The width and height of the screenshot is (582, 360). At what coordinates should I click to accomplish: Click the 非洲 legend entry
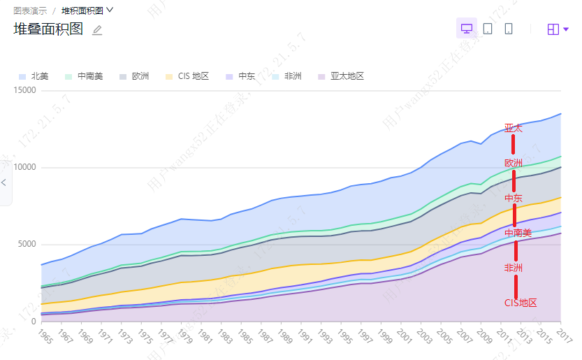click(287, 76)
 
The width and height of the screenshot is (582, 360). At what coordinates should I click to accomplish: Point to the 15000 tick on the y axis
click(24, 90)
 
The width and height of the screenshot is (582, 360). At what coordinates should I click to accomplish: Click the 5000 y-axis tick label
click(27, 245)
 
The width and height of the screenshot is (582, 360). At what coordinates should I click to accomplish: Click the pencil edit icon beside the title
click(97, 30)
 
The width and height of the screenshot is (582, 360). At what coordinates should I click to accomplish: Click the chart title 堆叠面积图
click(48, 29)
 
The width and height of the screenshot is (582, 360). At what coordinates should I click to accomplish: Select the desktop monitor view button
click(466, 29)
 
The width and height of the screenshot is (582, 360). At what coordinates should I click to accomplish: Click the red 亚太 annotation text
click(514, 129)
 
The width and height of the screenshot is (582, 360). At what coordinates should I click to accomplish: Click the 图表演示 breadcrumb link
click(30, 10)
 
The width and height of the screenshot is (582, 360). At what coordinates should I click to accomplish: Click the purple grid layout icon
click(553, 29)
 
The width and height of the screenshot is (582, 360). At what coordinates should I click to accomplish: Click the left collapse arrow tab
click(4, 182)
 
